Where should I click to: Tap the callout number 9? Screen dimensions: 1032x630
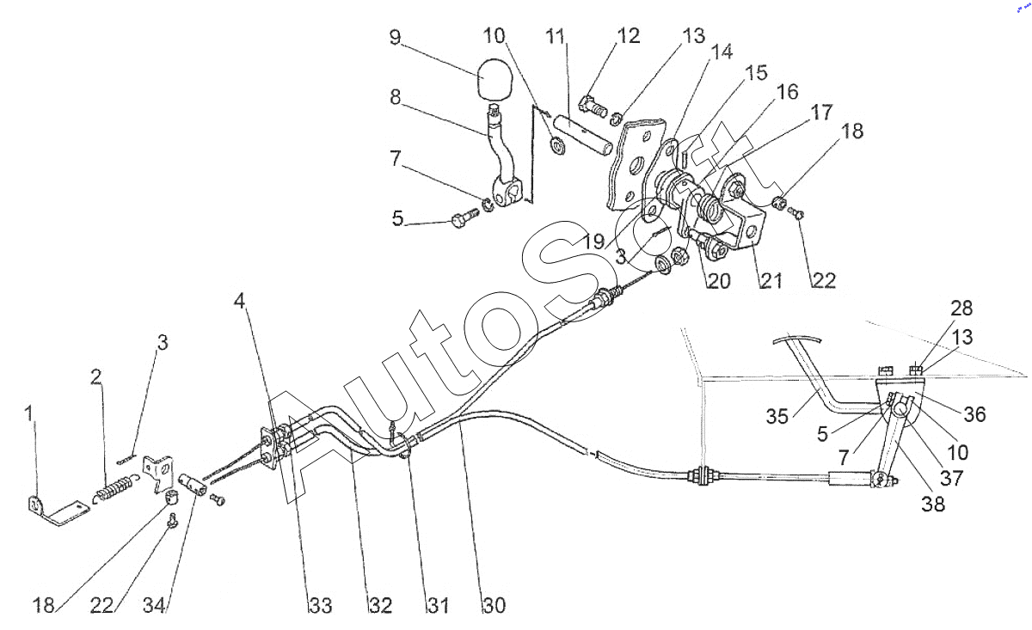[396, 37]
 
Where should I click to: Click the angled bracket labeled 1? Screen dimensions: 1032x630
[58, 511]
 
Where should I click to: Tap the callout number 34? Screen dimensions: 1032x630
[154, 606]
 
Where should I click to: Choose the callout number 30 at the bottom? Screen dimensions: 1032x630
[494, 606]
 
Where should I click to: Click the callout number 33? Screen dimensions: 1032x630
[321, 606]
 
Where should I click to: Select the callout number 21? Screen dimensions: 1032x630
[771, 280]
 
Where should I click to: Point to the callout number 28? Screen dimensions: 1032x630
[961, 308]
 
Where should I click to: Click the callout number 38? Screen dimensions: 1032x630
[933, 505]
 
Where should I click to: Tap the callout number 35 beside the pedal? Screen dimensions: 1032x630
[777, 416]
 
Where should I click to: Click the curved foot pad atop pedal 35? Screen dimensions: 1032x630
[797, 339]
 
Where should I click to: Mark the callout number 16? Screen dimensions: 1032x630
[787, 92]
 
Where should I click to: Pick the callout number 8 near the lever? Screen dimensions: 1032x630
[395, 97]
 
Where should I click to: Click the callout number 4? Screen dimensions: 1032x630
[239, 301]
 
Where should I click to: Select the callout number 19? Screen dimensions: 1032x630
[594, 242]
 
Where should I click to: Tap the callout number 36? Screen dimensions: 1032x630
[975, 414]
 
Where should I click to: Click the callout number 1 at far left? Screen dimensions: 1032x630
[30, 413]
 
